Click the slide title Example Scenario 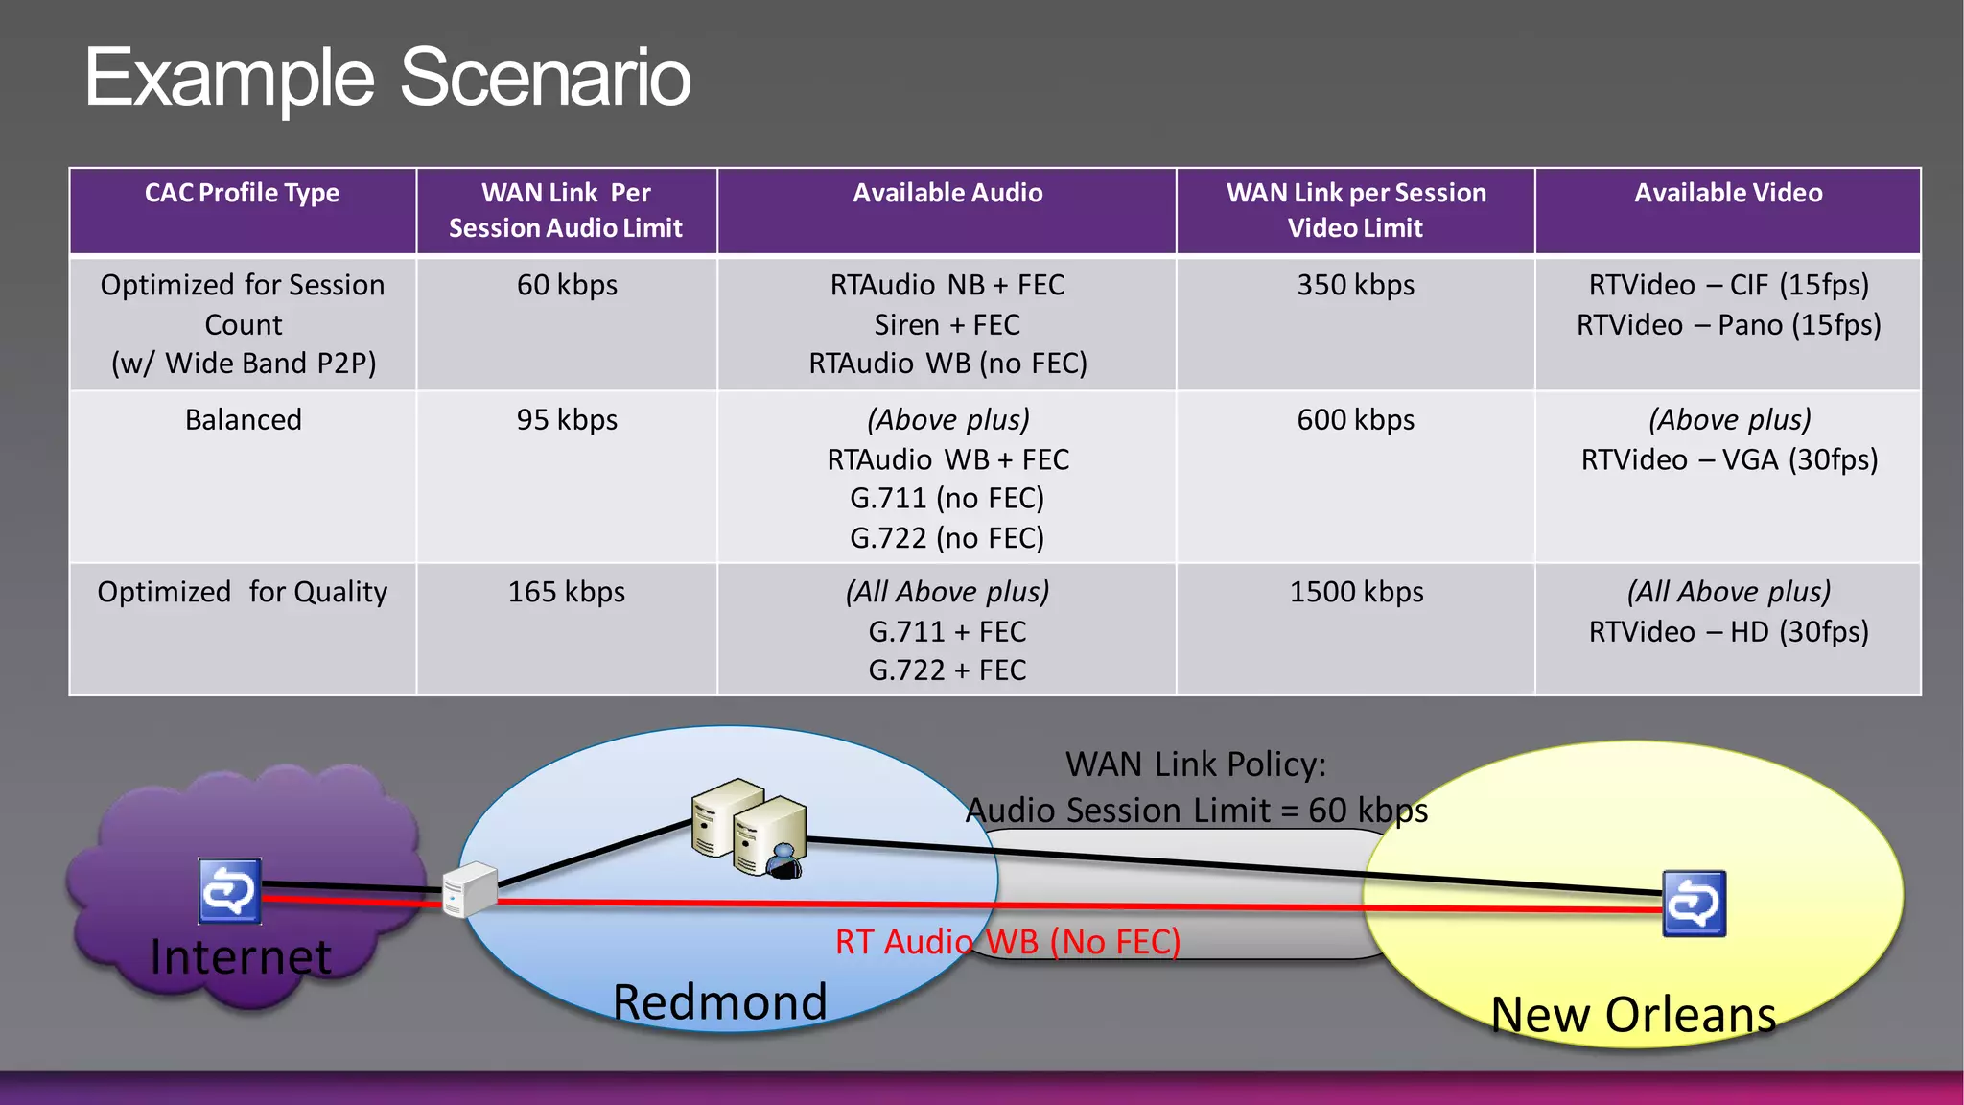(387, 78)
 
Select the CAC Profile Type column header (242, 193)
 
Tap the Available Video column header (1728, 193)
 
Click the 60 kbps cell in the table (567, 285)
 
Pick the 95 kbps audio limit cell (567, 420)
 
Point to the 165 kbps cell (567, 592)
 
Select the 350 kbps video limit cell (1355, 285)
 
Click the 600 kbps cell (1355, 420)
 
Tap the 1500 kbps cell (1355, 592)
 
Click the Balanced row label (243, 420)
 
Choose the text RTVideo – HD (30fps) (1728, 632)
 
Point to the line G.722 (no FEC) (947, 538)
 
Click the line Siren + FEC (947, 325)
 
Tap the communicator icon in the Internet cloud (229, 891)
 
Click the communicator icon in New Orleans (1694, 903)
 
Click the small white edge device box (469, 889)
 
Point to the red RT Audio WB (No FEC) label (1007, 942)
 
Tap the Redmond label (719, 1002)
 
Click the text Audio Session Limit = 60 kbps (1196, 811)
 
